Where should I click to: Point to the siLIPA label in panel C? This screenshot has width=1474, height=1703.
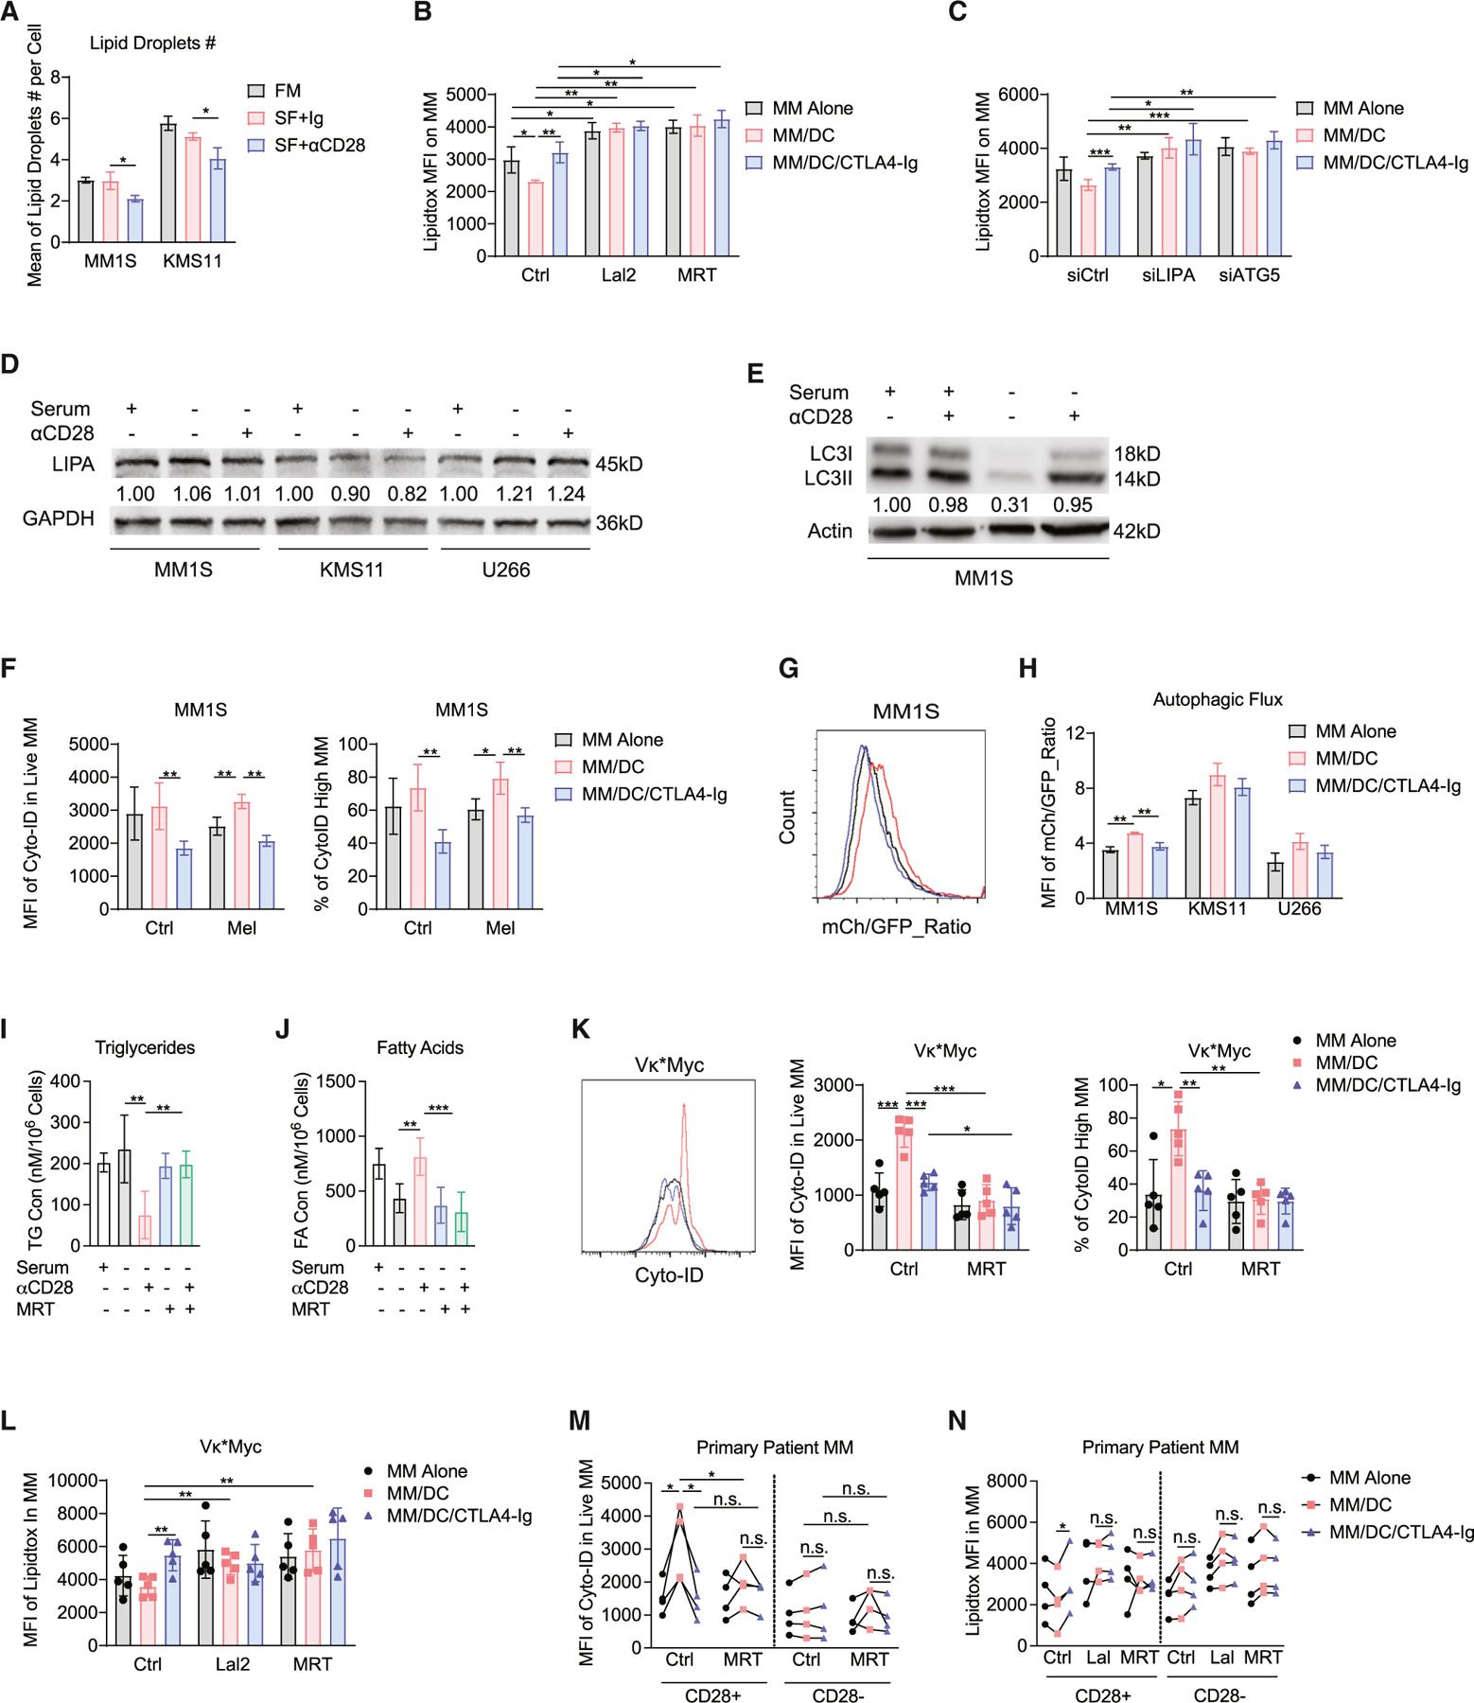(1167, 275)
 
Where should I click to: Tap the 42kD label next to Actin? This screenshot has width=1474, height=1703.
(1138, 532)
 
